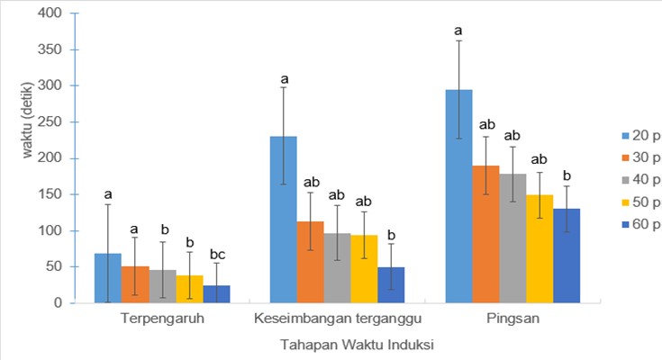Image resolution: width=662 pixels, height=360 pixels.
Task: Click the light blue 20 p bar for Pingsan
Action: pos(458,196)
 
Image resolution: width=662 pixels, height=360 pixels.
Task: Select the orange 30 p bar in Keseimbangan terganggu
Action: pos(311,262)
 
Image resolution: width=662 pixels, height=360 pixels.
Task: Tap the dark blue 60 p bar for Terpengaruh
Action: pos(216,293)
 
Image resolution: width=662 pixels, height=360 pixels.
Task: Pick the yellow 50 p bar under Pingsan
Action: pos(539,248)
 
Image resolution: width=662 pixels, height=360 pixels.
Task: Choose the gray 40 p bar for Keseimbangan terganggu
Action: pos(338,267)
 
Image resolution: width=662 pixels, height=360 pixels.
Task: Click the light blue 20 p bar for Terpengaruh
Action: pos(107,278)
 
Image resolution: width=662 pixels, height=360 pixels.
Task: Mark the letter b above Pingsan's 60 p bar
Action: pos(566,175)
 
